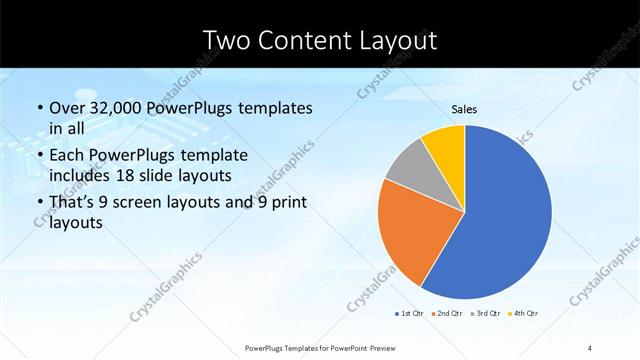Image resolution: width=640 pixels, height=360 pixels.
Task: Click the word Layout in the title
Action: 400,41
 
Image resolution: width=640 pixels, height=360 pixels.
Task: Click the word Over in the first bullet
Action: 66,107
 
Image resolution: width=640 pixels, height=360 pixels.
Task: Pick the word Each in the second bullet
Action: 66,156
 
